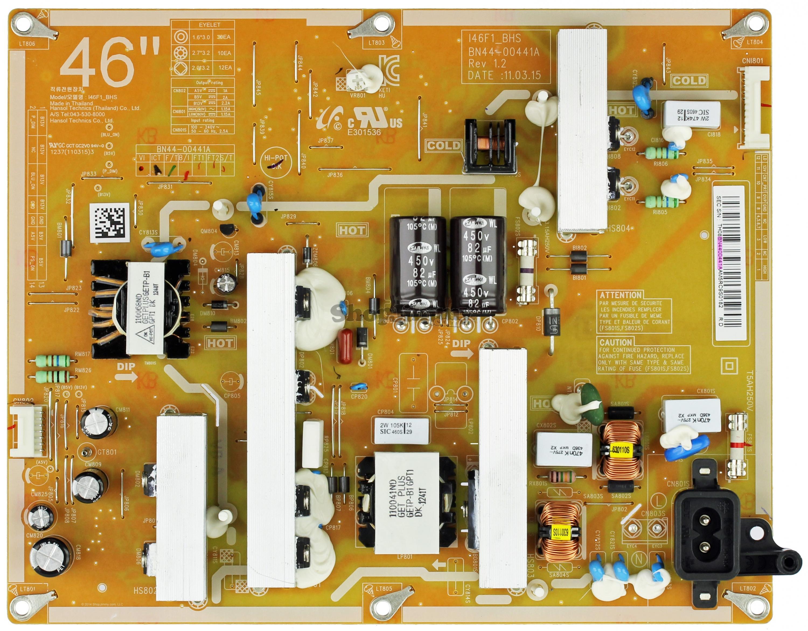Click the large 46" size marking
point(110,62)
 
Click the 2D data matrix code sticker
point(110,223)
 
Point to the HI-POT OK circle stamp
point(276,162)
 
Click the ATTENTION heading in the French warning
point(621,295)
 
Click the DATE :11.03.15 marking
point(504,75)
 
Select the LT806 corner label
point(27,44)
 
